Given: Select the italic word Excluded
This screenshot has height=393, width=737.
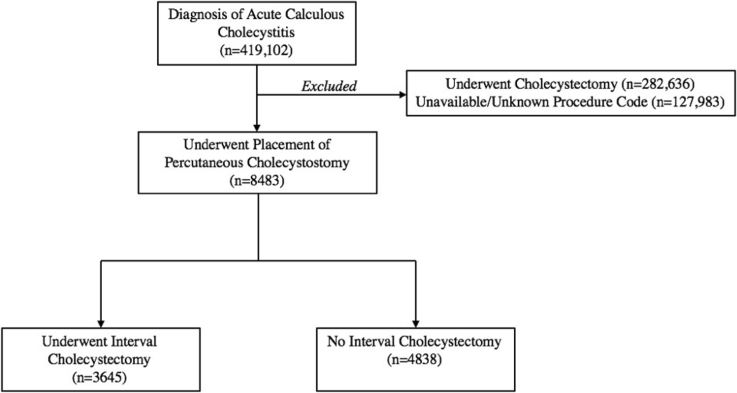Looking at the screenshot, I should click(x=328, y=87).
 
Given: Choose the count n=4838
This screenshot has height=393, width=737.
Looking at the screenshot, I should click(x=416, y=360).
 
